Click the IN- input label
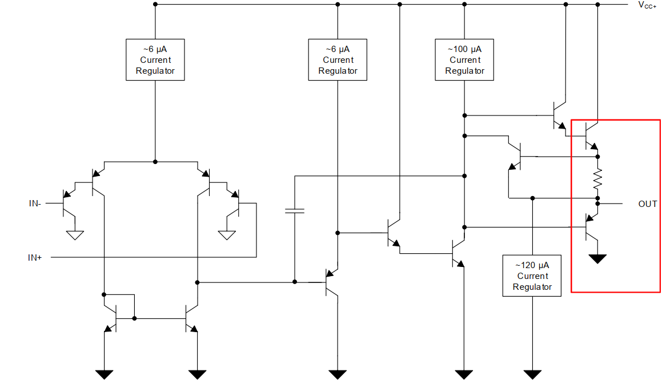35,203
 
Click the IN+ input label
35,258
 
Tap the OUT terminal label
648,204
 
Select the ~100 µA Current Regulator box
464,60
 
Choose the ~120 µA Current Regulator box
532,276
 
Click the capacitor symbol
295,211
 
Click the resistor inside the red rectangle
598,179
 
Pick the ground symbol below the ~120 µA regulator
532,374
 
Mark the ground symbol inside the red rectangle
598,259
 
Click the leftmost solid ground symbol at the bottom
104,374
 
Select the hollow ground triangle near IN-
75,235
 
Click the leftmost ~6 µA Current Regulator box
155,60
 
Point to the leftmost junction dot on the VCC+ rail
155,4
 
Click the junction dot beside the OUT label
598,204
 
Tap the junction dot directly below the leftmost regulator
155,162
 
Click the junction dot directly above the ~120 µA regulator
532,198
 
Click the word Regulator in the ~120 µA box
532,287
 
